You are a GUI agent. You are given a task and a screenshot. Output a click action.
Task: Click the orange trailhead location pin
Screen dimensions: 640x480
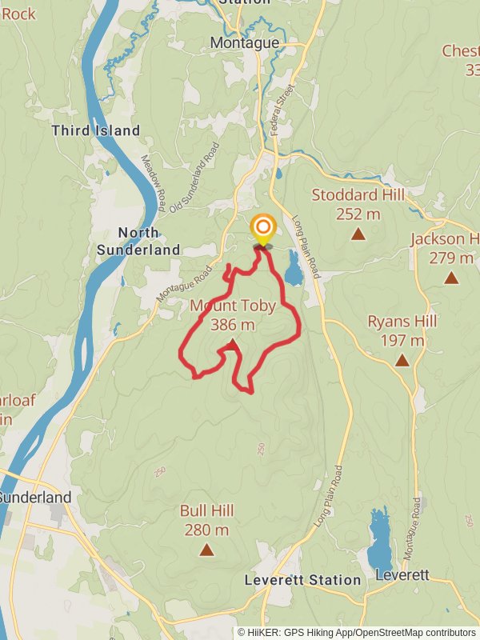(x=262, y=229)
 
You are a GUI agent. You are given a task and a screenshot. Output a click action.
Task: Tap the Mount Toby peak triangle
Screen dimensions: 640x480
(x=232, y=345)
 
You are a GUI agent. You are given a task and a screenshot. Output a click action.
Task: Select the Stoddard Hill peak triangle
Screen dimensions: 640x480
(x=358, y=234)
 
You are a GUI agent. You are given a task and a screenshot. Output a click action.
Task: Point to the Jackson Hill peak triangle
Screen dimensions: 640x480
(x=451, y=278)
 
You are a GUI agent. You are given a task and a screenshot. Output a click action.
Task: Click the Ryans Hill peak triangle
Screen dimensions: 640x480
(x=402, y=361)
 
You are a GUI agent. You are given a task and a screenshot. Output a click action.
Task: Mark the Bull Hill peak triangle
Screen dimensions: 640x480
(x=206, y=550)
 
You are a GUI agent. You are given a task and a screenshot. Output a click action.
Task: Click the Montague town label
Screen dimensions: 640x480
(x=245, y=42)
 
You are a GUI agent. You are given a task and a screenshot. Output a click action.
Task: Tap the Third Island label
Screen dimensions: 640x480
(x=95, y=130)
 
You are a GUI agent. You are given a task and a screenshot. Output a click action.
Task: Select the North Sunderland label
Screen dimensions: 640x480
(x=138, y=241)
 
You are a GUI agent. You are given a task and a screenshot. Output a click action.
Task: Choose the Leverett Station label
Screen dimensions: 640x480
(x=303, y=580)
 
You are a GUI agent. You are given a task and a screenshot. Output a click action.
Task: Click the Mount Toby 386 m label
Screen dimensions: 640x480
(x=233, y=314)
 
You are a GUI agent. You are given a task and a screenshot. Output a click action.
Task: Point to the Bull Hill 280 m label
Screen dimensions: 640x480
(x=205, y=520)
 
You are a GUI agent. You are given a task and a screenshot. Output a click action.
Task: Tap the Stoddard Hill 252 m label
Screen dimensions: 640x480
(x=358, y=204)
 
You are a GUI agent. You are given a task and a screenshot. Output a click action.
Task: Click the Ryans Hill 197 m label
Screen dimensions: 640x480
(x=402, y=331)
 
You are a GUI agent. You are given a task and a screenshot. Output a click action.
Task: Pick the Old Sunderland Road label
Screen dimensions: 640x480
(x=194, y=178)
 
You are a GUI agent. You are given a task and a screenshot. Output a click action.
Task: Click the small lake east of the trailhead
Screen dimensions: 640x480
(x=294, y=267)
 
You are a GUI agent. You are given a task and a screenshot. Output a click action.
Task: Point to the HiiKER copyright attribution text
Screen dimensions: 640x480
(x=357, y=632)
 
